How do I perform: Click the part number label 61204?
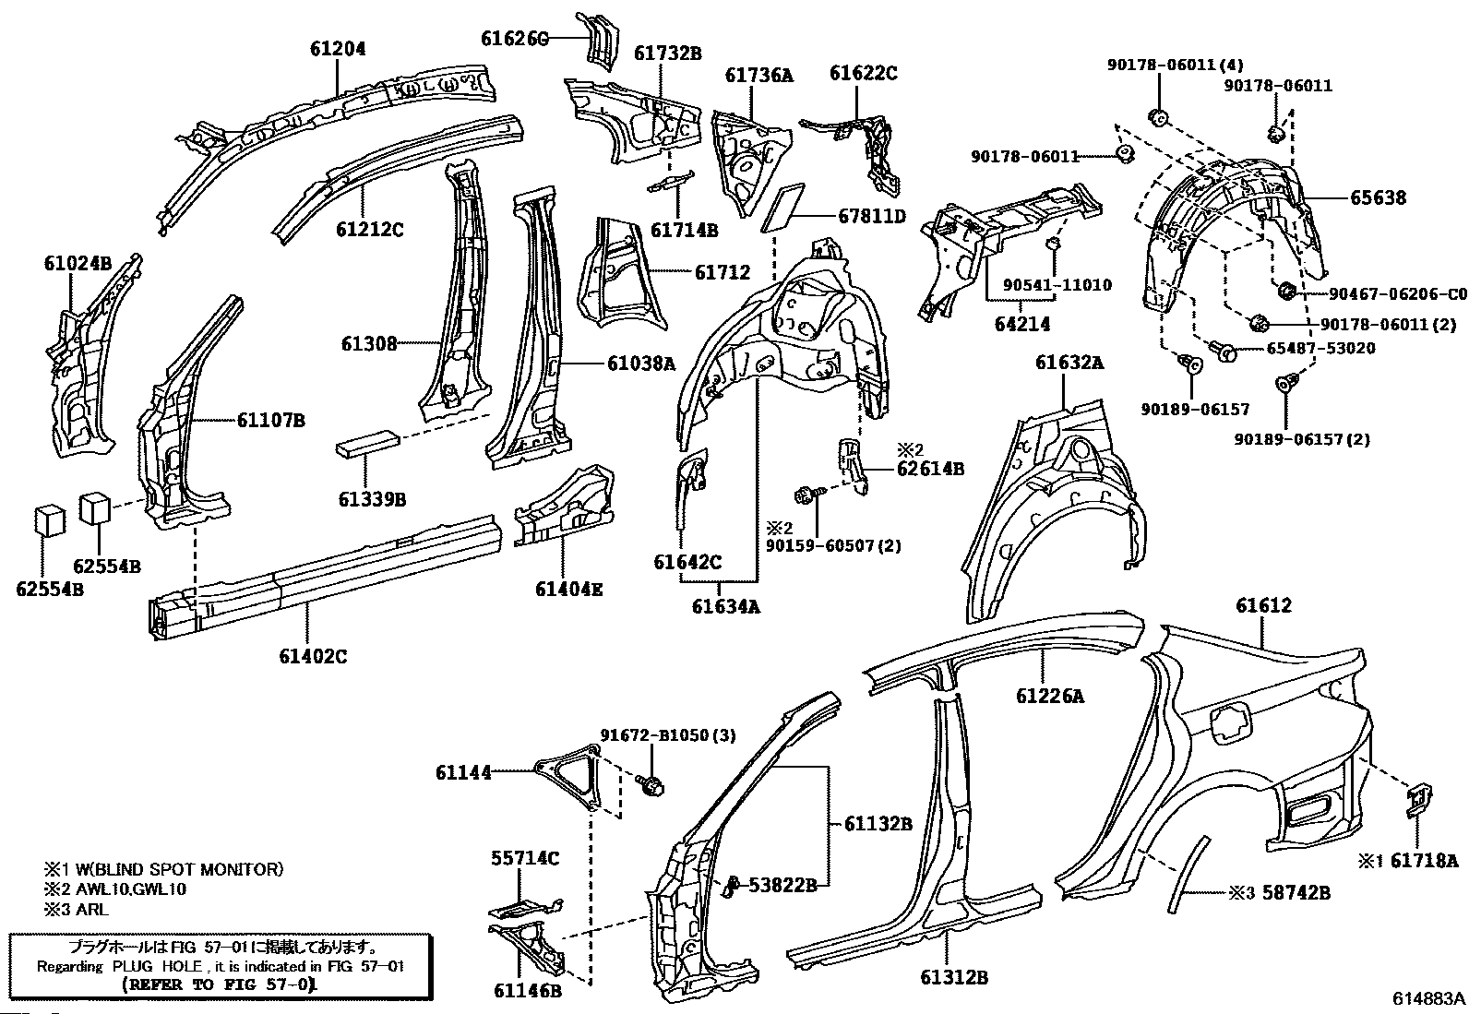(338, 49)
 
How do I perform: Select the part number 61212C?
(370, 230)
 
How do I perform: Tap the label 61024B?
(78, 263)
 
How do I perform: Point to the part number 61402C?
(313, 656)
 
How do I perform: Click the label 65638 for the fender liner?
(1378, 197)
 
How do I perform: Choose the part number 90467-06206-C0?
(1398, 293)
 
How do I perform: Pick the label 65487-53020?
(1320, 348)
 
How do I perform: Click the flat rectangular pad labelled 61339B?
(367, 444)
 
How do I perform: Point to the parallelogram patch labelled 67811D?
(783, 208)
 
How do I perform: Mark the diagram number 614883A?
(1428, 998)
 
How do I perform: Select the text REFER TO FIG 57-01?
(220, 984)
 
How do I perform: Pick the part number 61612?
(1264, 604)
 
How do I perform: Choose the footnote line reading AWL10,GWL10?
(131, 889)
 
